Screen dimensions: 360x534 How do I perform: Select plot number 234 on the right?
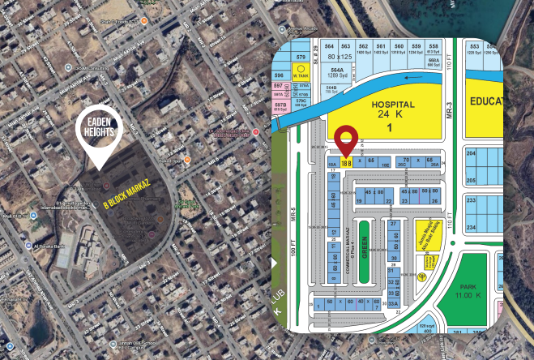tap(472, 227)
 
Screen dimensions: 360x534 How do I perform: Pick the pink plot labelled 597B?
tap(280, 106)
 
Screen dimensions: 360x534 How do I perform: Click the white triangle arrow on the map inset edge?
tap(275, 263)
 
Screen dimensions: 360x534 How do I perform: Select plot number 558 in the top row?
tap(434, 48)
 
